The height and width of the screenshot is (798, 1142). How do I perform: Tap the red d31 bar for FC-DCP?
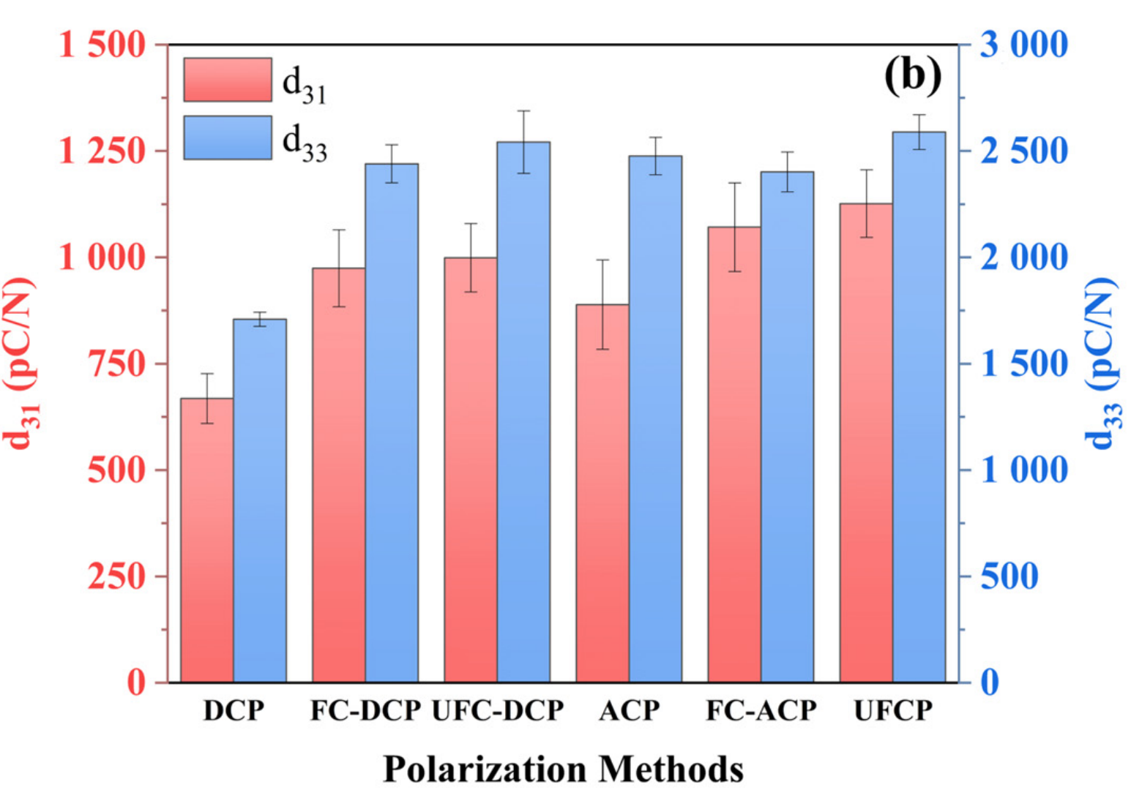click(339, 475)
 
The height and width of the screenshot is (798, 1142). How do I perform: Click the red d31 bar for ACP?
click(602, 493)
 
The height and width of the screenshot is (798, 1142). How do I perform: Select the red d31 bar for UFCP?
click(866, 443)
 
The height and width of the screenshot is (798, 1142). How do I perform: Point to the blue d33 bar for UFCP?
click(919, 407)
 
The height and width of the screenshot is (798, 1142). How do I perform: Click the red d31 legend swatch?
click(228, 80)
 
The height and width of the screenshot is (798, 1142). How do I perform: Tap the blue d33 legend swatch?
click(228, 138)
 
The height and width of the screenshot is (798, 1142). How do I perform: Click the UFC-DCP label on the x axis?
click(498, 710)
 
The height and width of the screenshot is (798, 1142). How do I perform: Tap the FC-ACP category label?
click(761, 710)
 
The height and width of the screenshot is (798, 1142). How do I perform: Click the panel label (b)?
click(912, 75)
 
